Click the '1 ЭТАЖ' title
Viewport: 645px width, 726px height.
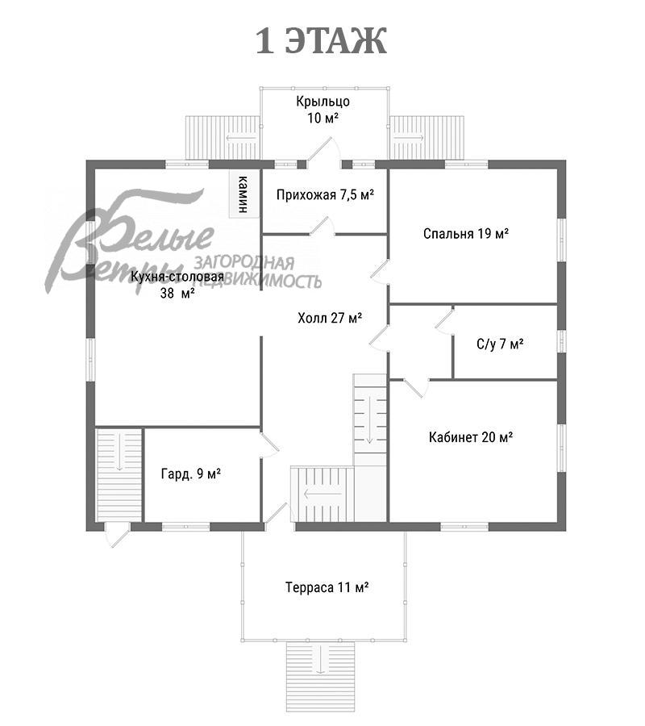[321, 41]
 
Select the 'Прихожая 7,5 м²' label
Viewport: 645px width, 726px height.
[325, 195]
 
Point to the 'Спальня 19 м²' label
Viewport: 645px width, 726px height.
[466, 233]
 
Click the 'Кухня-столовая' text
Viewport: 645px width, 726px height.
[177, 277]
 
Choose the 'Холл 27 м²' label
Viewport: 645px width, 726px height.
[330, 318]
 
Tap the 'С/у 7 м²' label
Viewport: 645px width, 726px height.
[500, 344]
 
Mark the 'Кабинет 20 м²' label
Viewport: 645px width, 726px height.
[471, 436]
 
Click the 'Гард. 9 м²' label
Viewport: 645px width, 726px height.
[190, 474]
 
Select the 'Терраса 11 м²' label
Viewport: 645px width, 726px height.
[327, 587]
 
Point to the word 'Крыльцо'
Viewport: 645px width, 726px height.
[322, 102]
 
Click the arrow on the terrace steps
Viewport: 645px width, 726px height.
[320, 660]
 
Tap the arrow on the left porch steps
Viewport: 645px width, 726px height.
[241, 138]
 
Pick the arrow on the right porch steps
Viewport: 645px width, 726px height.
[409, 137]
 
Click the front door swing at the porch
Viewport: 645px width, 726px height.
[324, 149]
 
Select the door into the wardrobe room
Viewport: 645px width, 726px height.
[269, 444]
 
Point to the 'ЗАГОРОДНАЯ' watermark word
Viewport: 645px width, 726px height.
[243, 263]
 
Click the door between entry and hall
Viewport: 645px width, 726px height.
[322, 227]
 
